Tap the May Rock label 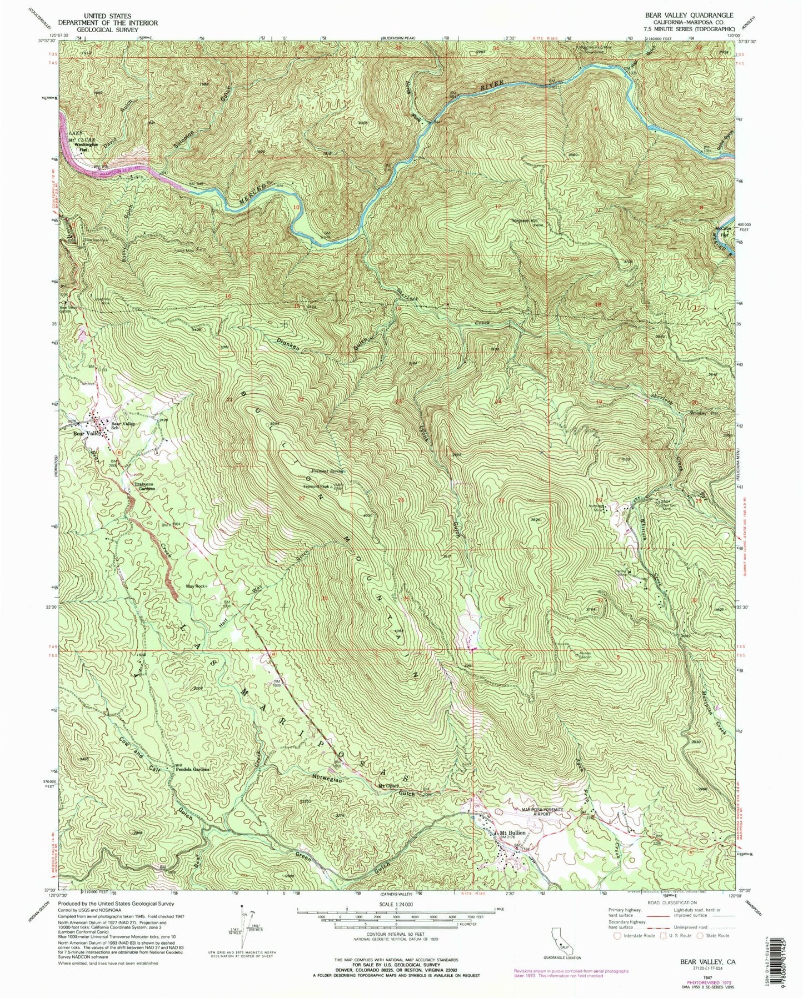(197, 585)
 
